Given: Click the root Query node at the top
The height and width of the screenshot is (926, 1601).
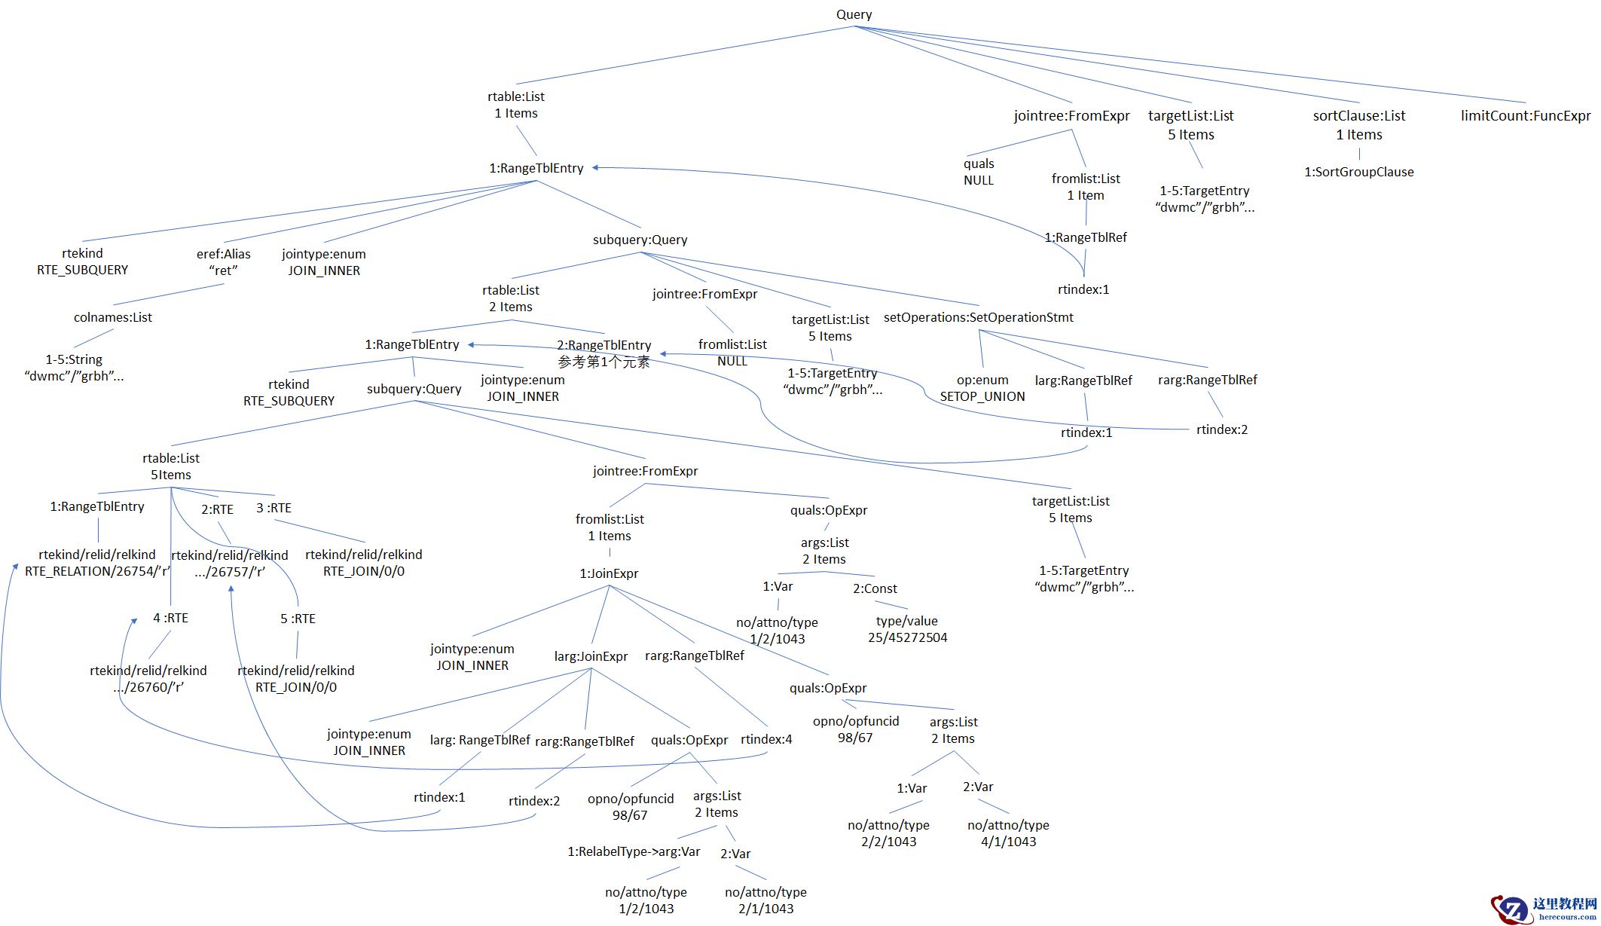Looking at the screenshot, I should coord(854,15).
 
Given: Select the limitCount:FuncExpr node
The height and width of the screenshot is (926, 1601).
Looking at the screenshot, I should coord(1525,116).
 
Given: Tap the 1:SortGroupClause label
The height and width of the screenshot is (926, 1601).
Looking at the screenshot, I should coord(1358,172).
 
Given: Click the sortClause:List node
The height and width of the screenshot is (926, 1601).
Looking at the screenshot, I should coord(1358,117).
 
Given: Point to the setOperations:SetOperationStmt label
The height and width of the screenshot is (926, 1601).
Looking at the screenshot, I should coord(978,317).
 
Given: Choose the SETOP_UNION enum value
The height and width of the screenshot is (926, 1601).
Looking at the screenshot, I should coord(982,396).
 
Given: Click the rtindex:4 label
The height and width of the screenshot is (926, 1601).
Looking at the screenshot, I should coord(766,739).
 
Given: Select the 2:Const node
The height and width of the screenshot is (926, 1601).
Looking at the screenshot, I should coord(875,588).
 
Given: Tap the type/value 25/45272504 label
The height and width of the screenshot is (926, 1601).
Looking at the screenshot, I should coord(907,630).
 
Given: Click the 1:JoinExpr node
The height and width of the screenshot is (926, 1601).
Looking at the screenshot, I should coord(609,573).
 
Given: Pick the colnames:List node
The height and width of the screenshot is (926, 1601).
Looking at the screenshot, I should coord(112,317).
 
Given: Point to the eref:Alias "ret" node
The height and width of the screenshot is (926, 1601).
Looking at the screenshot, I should coord(223,262).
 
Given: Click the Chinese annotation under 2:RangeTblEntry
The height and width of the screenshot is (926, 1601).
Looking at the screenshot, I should coord(603,362).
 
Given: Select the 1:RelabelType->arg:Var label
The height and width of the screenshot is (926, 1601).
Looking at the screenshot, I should coord(633,851).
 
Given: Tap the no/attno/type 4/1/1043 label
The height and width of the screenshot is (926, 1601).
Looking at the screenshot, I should coord(1008,833).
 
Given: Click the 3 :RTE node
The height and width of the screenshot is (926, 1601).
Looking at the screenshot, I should coord(273,508).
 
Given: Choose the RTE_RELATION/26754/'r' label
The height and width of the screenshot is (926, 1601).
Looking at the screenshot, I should coord(97,571).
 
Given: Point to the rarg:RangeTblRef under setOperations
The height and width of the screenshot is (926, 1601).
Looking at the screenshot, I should coord(1207,380).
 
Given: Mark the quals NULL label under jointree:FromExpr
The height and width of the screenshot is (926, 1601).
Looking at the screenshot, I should coord(978,172).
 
